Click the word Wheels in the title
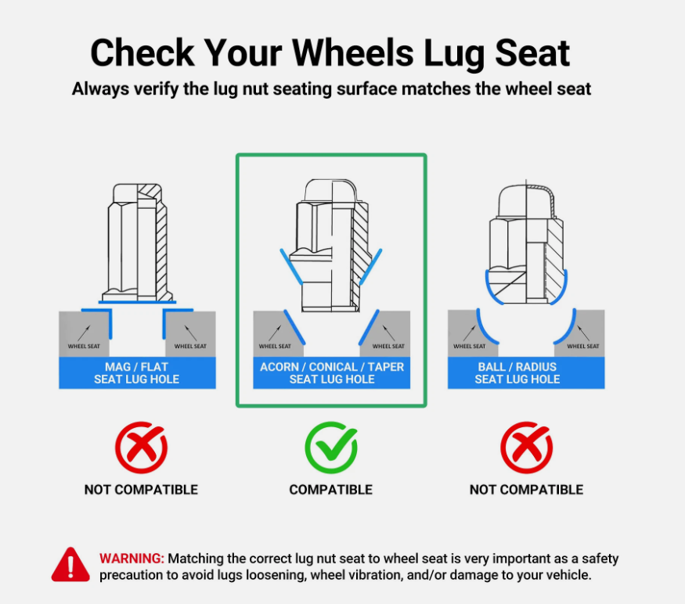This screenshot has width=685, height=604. click(x=352, y=53)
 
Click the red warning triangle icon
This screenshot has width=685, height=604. click(x=70, y=565)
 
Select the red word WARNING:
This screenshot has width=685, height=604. click(x=132, y=559)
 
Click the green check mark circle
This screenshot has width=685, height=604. click(x=330, y=448)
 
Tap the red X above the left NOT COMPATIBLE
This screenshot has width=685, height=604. click(x=141, y=448)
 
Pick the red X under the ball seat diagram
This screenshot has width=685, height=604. click(x=526, y=448)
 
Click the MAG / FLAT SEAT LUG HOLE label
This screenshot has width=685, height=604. click(x=137, y=373)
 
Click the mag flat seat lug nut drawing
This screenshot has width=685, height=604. click(x=137, y=243)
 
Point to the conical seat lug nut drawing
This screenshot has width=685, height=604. click(x=332, y=246)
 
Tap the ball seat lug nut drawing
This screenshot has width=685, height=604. click(x=526, y=243)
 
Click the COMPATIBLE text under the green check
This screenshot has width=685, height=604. click(x=330, y=490)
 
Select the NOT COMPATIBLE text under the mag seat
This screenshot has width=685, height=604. click(x=141, y=490)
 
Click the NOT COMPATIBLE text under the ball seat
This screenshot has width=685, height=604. click(x=526, y=490)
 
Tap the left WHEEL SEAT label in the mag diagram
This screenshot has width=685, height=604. click(x=84, y=347)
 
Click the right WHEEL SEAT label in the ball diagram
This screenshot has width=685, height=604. click(x=583, y=347)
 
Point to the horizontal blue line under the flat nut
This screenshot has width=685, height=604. click(x=137, y=302)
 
